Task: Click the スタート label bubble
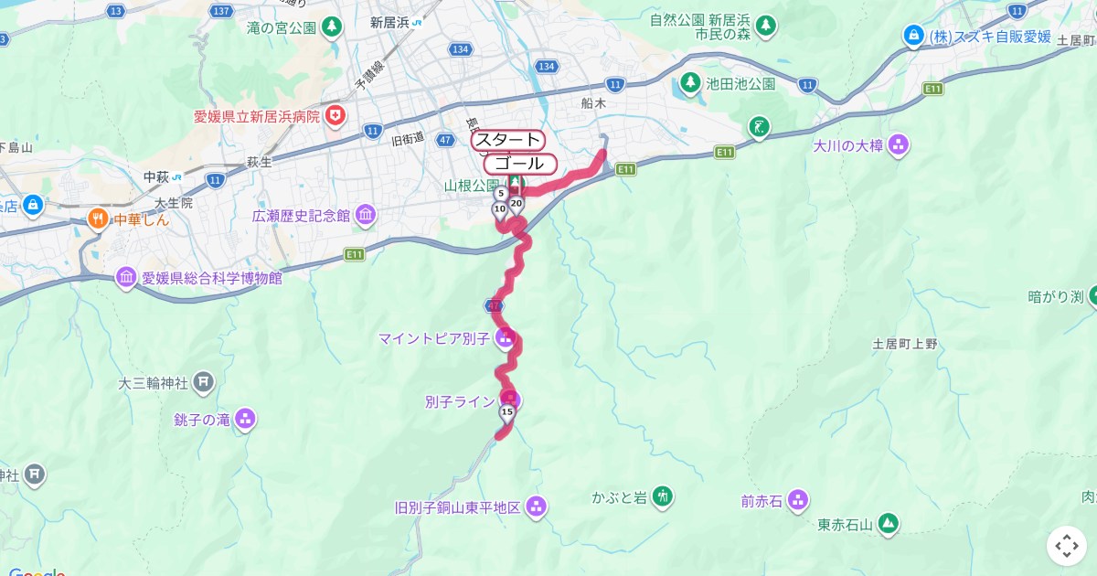(508, 140)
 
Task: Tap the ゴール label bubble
(519, 164)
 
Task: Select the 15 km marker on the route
(506, 412)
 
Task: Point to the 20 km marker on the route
(516, 204)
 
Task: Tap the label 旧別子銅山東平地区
(457, 507)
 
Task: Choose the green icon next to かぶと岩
(663, 496)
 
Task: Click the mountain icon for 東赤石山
(887, 524)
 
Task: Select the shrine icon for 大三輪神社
(203, 381)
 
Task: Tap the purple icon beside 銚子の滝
(244, 420)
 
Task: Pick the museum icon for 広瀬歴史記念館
(365, 216)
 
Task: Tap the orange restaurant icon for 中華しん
(97, 219)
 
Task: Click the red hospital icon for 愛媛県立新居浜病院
(336, 116)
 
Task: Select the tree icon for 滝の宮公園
(332, 27)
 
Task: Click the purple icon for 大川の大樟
(899, 144)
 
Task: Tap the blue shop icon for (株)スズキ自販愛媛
(911, 37)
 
